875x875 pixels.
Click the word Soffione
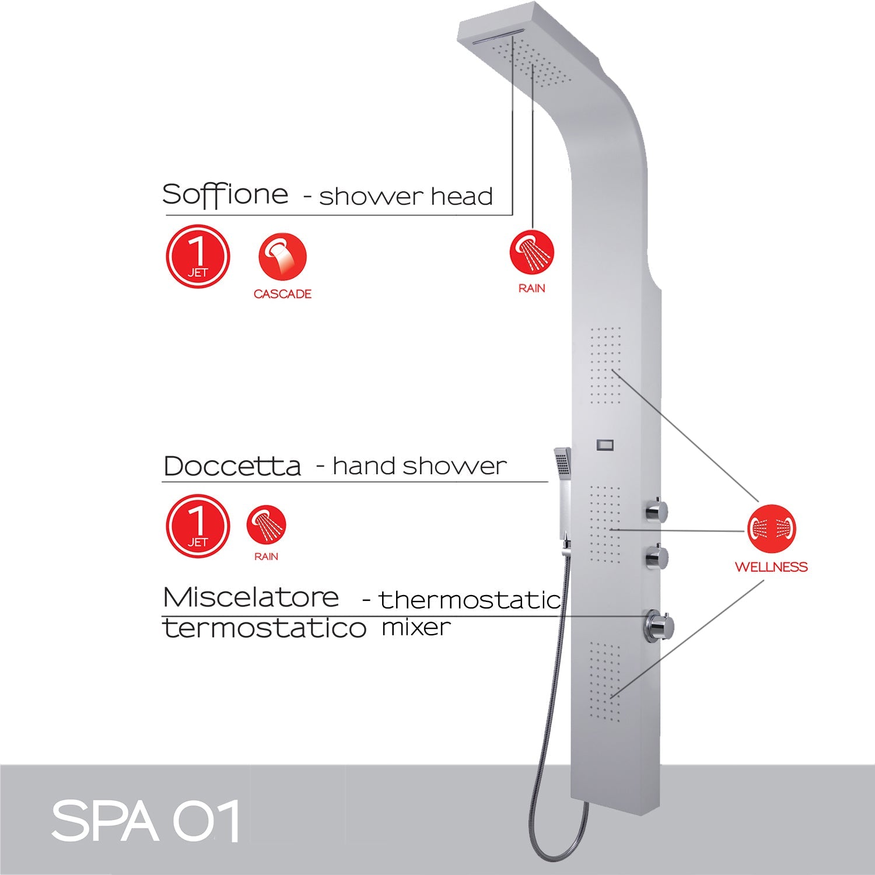225,194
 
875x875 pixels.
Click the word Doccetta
232,466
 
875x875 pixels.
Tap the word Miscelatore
251,597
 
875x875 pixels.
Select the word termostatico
264,628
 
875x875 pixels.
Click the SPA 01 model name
146,821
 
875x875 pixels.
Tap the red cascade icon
282,256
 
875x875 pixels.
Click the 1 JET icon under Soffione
198,256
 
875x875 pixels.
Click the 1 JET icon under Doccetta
198,526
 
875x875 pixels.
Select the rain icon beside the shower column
531,252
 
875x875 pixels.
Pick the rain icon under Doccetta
266,524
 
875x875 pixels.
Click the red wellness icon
772,528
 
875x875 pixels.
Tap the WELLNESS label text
771,566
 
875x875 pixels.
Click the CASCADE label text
282,294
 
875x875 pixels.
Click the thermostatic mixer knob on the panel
659,626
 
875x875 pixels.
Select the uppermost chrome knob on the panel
656,511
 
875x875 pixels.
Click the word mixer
416,628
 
